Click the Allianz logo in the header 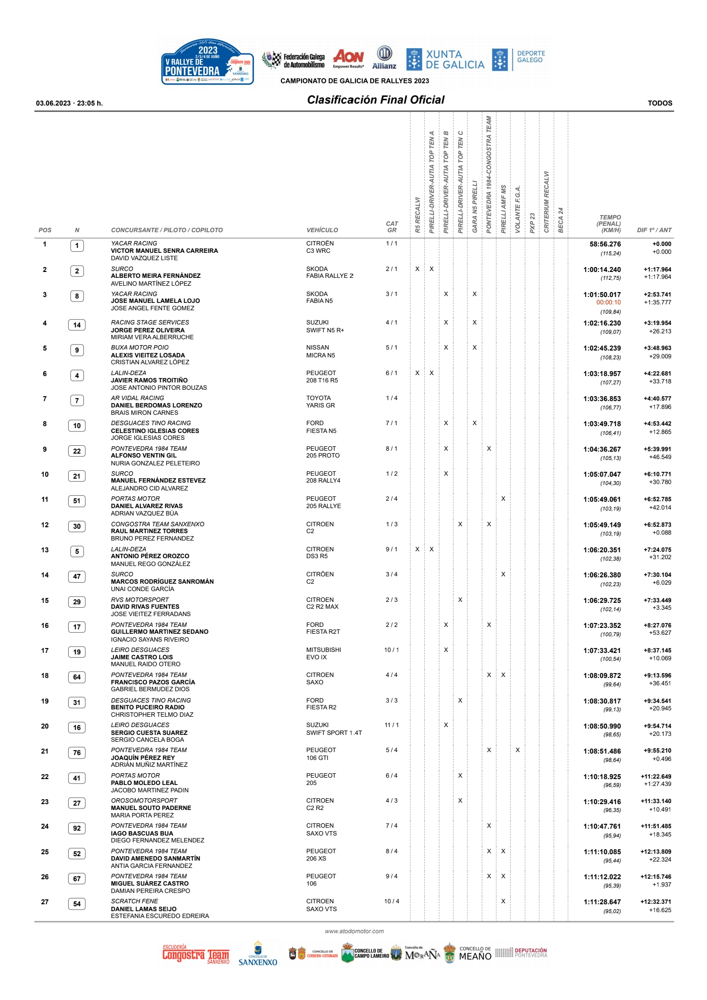(384, 58)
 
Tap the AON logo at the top (349, 58)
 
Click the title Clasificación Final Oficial (376, 100)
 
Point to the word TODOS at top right (659, 103)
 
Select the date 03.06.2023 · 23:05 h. (69, 103)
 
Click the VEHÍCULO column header (322, 230)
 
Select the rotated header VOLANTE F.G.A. (517, 209)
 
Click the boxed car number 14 (77, 325)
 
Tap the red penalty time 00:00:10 (608, 302)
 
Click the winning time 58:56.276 (605, 244)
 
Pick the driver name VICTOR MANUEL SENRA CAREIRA (164, 251)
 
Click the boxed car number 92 (77, 828)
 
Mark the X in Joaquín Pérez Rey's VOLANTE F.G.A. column (517, 750)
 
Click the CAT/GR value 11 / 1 (391, 725)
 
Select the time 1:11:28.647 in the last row (602, 902)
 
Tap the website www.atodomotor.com (354, 931)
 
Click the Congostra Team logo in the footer (196, 955)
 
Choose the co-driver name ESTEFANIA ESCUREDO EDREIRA (160, 916)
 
